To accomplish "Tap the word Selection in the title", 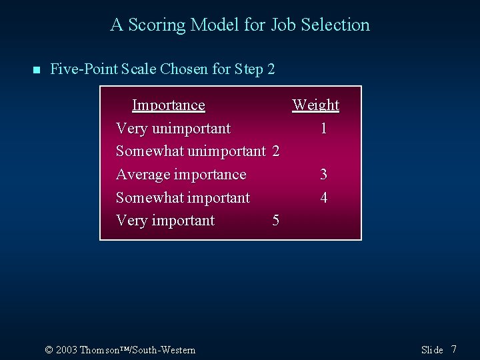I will click(335, 25).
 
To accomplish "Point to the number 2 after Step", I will click(271, 69).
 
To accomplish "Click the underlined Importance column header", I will click(168, 105).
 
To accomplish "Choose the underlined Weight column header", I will click(316, 105).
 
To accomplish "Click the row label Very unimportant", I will click(173, 128).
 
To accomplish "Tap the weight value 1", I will click(323, 128).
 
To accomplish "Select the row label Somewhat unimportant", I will click(191, 151).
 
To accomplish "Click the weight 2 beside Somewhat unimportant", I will click(276, 151).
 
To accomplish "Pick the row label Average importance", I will click(181, 175).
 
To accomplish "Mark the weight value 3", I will click(323, 175).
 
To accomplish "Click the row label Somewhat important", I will click(183, 198).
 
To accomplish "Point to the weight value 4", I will click(323, 198).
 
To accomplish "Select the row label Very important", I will click(165, 221).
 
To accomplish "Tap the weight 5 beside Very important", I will click(276, 221).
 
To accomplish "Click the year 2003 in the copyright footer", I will click(67, 350).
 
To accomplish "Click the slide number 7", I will click(454, 349).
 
